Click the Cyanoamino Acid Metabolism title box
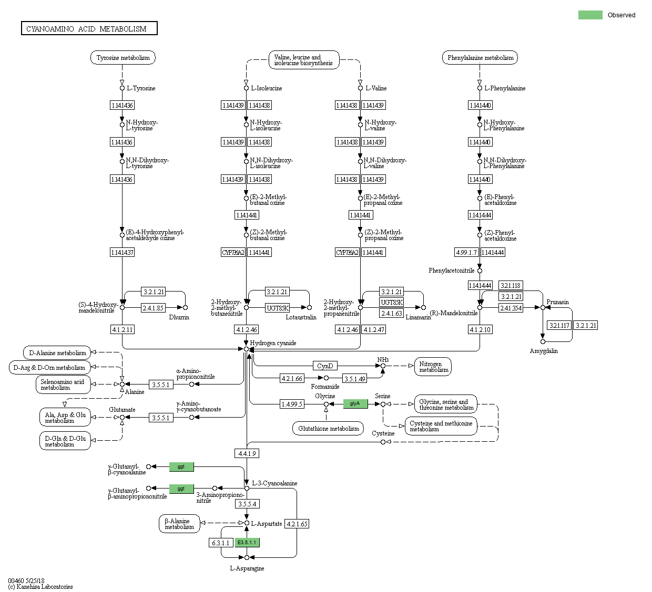pos(89,28)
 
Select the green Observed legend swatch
pos(590,15)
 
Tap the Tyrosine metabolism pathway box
pos(123,58)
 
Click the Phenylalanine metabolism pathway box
pos(480,58)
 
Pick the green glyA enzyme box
pos(355,403)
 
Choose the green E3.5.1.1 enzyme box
pos(247,542)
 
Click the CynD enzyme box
pos(325,366)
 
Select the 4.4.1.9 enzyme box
pos(247,453)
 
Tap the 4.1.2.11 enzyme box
pos(122,329)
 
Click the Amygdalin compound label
pos(544,351)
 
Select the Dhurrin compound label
pos(179,317)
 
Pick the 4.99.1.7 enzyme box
pos(466,252)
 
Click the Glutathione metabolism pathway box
pos(328,428)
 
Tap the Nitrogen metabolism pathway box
pos(433,367)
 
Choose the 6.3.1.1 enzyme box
pos(220,543)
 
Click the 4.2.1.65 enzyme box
pos(297,524)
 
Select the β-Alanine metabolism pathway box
pos(179,524)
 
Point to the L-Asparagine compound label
pos(247,568)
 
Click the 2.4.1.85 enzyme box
pos(153,308)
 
